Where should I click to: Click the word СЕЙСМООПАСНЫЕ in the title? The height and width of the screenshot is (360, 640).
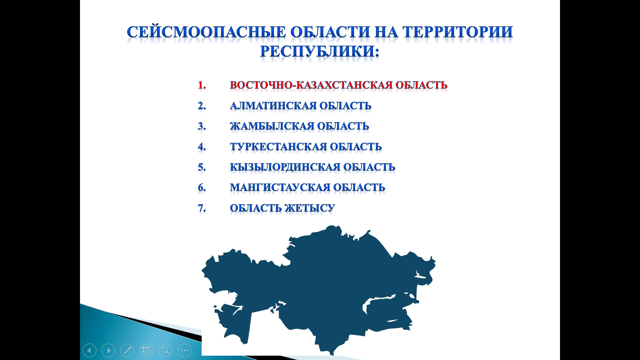206,32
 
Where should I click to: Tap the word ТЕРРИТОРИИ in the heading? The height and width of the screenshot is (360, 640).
458,32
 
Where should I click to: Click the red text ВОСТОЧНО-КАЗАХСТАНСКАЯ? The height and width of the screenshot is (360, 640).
311,85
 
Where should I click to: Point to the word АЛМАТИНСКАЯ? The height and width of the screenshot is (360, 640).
273,106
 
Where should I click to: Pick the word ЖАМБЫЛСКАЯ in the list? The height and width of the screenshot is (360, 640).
272,126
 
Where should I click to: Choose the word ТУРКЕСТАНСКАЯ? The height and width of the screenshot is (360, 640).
279,147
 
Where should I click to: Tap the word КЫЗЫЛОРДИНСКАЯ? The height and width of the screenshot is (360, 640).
285,167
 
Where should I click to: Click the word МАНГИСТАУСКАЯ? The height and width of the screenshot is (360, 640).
280,187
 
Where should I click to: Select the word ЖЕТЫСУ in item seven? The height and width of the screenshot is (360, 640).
310,208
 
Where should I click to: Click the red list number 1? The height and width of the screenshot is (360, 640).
202,85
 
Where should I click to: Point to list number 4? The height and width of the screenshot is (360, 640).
202,147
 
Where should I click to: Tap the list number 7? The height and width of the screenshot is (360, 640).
202,208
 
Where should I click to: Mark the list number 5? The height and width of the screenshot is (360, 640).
202,167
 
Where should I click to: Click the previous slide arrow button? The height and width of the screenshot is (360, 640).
89,350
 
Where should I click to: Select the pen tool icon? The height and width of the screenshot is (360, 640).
127,350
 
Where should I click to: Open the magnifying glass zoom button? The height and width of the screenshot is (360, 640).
165,350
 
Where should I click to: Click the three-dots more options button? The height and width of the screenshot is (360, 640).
184,350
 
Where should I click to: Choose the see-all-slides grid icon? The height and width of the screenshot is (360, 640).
146,350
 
